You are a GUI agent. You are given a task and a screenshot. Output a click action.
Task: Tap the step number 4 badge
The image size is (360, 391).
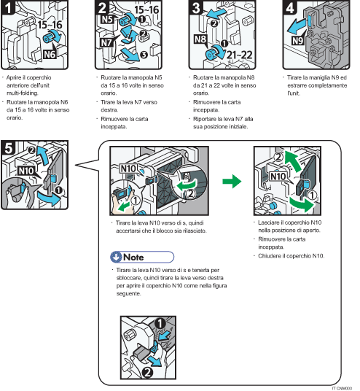click(x=289, y=10)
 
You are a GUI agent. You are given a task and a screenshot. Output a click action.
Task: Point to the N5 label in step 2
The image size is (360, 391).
click(x=105, y=20)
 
